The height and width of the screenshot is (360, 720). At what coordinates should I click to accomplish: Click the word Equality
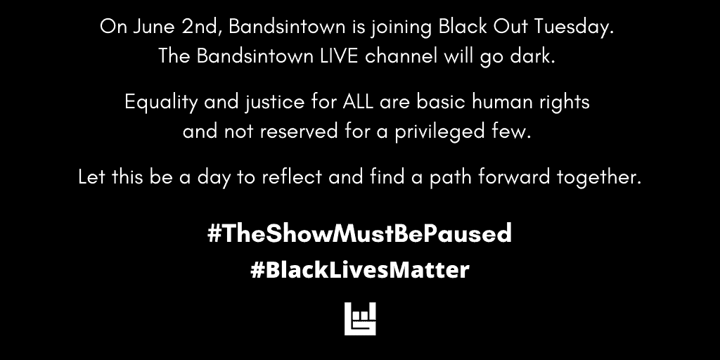coord(159,103)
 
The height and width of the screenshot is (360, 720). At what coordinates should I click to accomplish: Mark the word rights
coord(565,103)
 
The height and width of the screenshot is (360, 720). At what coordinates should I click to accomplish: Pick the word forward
coord(515,177)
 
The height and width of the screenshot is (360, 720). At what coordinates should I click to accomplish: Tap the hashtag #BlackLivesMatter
coord(359,270)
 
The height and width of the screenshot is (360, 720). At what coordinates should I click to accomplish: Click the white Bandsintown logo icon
coord(360,319)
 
